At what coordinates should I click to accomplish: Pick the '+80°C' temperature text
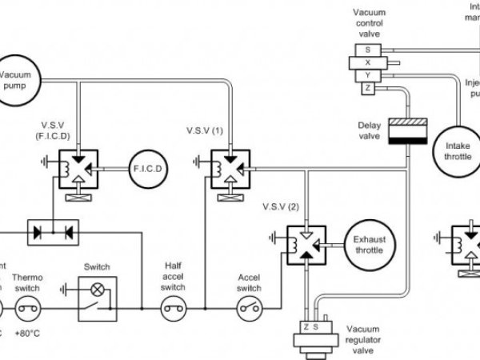coord(29,331)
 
